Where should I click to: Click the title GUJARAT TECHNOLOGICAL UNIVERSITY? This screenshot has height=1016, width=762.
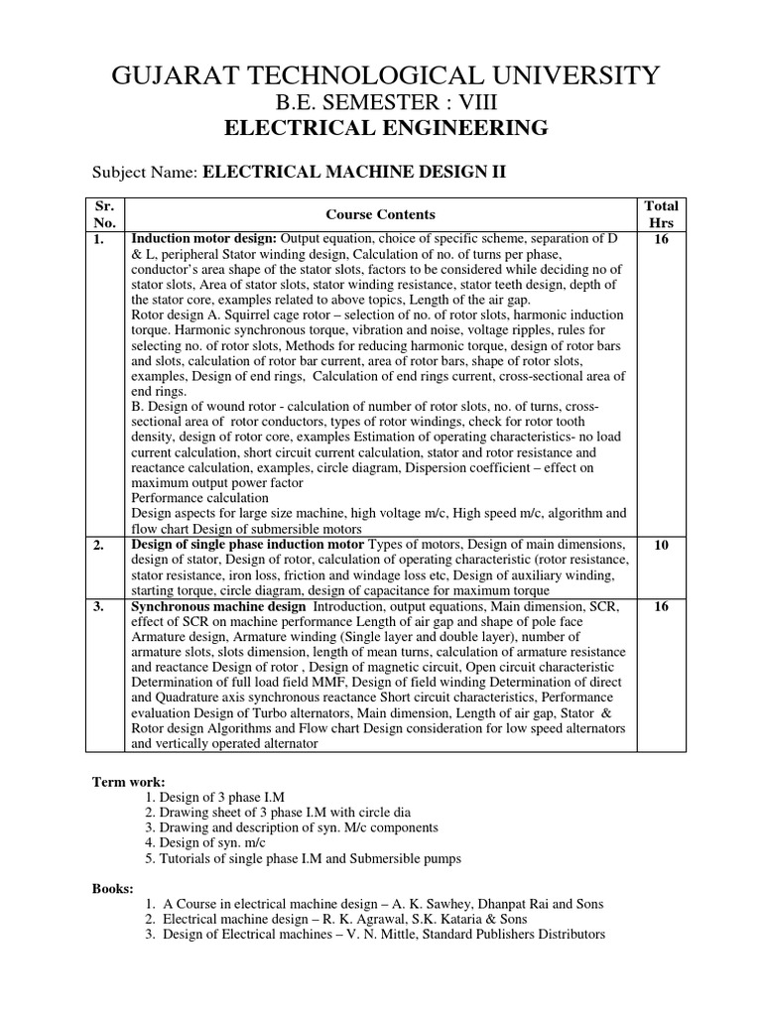pyautogui.click(x=382, y=75)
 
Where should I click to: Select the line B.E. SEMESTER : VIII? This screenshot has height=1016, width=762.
pyautogui.click(x=382, y=102)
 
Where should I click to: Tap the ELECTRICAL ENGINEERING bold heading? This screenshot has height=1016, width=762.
pyautogui.click(x=382, y=128)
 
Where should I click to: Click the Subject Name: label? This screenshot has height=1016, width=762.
pyautogui.click(x=145, y=173)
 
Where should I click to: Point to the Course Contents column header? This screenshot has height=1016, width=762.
pyautogui.click(x=381, y=214)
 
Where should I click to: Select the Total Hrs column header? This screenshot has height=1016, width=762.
pyautogui.click(x=661, y=214)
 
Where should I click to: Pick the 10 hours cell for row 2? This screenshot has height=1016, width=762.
pyautogui.click(x=661, y=546)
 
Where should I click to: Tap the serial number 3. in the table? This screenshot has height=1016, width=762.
pyautogui.click(x=99, y=605)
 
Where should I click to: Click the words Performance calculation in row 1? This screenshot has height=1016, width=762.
pyautogui.click(x=199, y=498)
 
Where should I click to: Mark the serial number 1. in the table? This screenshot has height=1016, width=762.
pyautogui.click(x=99, y=239)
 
